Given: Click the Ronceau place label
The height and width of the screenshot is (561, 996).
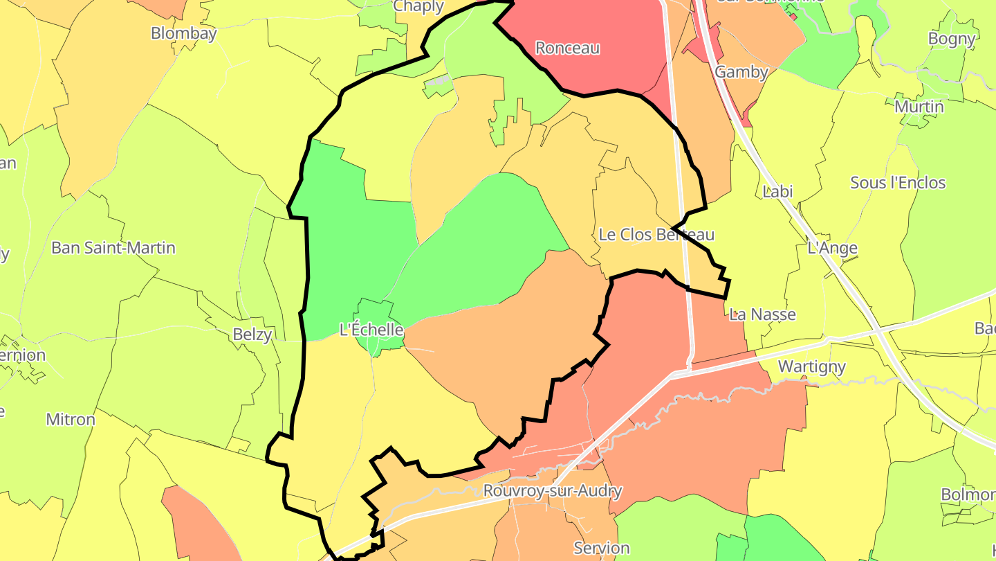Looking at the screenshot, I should click(567, 48).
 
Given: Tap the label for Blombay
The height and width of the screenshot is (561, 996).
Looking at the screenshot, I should click(183, 33).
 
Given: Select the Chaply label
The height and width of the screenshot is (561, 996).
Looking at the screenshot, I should click(418, 7).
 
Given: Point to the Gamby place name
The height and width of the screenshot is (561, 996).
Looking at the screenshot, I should click(741, 72).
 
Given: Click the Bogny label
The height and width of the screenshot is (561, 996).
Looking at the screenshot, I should click(952, 39).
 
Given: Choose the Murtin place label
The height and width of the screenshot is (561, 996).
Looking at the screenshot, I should click(919, 107).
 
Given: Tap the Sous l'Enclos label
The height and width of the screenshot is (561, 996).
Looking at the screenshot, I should click(898, 183).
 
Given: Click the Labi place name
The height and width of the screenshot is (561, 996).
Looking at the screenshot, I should click(777, 192).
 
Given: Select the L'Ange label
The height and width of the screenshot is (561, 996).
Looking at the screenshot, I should click(832, 248).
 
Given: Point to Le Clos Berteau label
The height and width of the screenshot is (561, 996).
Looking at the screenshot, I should click(656, 235).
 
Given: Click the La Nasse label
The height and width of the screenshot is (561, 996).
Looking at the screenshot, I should click(763, 314).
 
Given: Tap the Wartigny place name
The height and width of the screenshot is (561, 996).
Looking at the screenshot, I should click(812, 366).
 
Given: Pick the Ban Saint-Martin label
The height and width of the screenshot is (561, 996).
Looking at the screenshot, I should click(113, 248).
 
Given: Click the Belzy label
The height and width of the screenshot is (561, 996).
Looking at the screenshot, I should click(252, 335).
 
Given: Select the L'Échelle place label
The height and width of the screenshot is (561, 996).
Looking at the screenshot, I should click(371, 329).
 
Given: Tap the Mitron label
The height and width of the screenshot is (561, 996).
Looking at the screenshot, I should click(71, 420).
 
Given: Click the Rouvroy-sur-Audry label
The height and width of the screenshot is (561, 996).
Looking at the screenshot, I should click(553, 491).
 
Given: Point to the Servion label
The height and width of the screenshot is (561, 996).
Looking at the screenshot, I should click(602, 548).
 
